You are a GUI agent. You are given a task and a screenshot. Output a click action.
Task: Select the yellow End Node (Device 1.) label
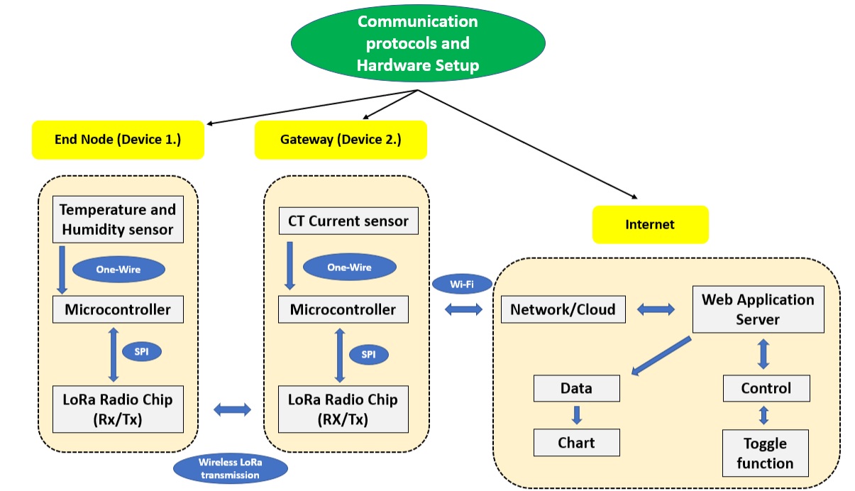[x=118, y=139]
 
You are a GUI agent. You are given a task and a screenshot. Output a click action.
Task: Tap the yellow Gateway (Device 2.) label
[x=341, y=139]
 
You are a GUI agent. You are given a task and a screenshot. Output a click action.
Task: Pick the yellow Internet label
[x=650, y=224]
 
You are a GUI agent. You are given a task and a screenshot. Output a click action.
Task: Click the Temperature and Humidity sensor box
[x=118, y=220]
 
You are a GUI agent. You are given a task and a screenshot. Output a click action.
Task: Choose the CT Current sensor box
[x=348, y=221]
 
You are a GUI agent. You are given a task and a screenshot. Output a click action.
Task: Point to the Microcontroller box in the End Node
[x=118, y=309]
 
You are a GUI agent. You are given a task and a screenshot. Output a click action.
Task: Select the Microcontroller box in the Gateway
[x=343, y=309]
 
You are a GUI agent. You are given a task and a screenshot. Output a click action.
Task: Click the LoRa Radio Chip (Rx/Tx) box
[x=118, y=409]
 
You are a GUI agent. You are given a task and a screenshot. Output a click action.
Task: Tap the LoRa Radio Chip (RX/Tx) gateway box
[x=343, y=409]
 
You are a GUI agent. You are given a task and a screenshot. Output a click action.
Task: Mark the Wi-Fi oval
[x=462, y=285]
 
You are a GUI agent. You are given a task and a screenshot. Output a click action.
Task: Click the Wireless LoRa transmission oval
[x=230, y=468]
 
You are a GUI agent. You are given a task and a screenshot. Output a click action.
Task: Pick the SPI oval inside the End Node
[x=143, y=351]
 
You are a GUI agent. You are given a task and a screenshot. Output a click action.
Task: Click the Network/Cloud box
[x=563, y=310]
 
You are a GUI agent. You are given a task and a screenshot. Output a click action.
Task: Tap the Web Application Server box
[x=758, y=309]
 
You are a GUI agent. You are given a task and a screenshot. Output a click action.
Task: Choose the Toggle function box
[x=765, y=453]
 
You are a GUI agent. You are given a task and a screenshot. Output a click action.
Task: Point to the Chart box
[x=576, y=443]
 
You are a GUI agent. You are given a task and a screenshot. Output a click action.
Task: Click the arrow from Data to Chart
[x=577, y=415]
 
